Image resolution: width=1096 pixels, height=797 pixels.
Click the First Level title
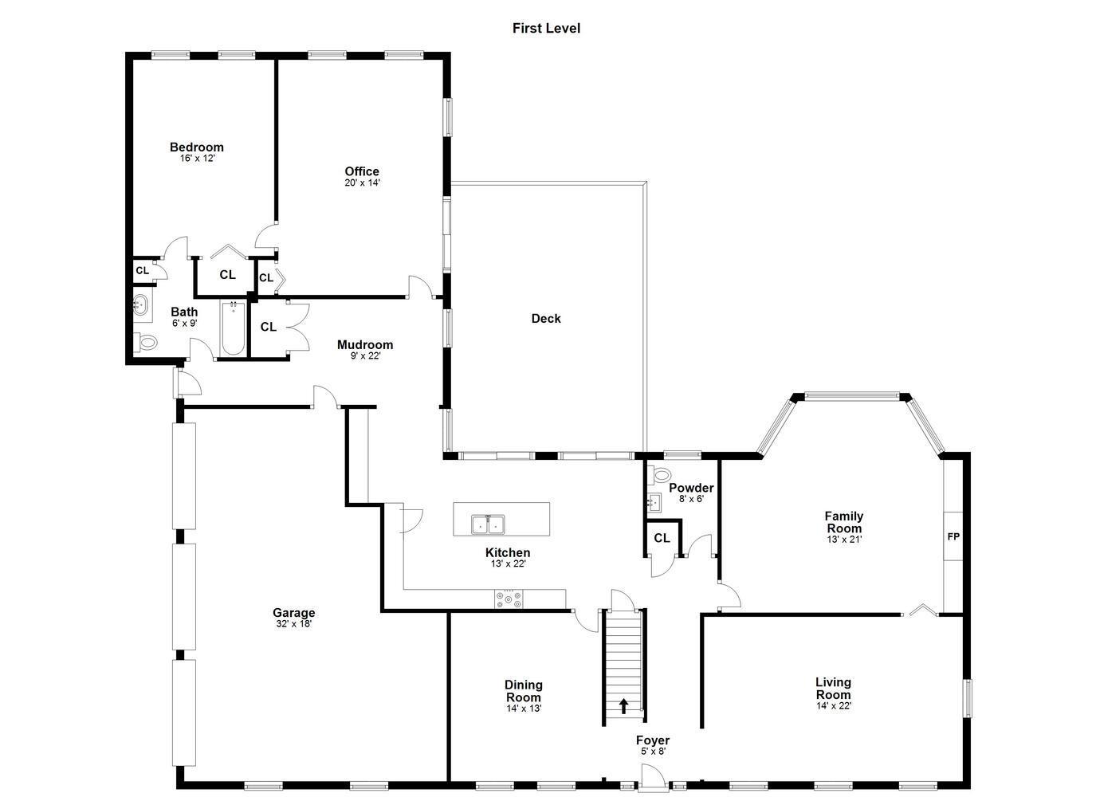[x=546, y=29]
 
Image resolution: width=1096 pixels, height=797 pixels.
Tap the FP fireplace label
[x=953, y=536]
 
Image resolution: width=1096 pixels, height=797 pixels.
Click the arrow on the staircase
[x=623, y=706]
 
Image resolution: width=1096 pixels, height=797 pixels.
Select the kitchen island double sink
[x=488, y=524]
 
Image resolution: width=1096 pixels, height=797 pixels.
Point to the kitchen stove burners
[x=509, y=599]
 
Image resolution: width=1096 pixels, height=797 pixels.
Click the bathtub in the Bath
[x=233, y=328]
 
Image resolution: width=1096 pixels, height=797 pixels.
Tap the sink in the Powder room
[x=654, y=502]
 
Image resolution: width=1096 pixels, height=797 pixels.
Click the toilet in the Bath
[x=145, y=342]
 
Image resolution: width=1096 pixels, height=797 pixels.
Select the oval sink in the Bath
[x=141, y=305]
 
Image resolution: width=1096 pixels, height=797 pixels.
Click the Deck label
[x=546, y=319]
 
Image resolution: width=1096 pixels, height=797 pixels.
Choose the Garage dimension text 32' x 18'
[x=293, y=624]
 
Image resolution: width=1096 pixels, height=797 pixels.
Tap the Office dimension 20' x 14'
[x=362, y=183]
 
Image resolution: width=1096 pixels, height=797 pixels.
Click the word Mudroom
[x=365, y=344]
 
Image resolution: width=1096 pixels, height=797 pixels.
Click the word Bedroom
[x=197, y=147]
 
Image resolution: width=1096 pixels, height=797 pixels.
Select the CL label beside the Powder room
[x=662, y=538]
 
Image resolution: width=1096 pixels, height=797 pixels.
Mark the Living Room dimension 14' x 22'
[x=834, y=705]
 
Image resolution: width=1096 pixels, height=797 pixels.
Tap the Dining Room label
[x=524, y=691]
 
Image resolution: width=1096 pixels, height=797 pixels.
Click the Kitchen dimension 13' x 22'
[x=508, y=563]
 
